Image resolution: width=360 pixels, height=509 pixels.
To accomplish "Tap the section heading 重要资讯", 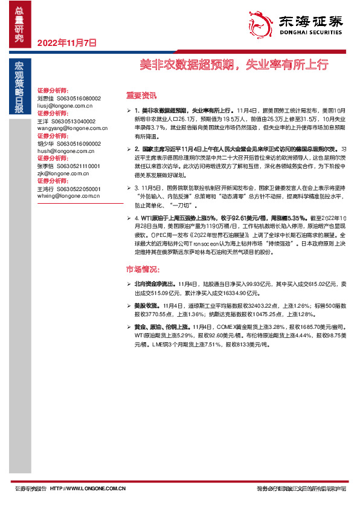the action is point(141,95).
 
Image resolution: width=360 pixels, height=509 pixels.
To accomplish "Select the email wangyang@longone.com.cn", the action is point(72,128).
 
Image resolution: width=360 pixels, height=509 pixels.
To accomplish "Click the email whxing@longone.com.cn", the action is point(69,196).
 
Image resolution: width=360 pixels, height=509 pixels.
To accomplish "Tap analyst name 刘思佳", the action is point(46,97).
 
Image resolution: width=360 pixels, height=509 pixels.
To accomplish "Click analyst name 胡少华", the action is point(46,144).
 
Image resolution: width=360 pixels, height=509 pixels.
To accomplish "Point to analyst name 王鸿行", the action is point(46,189).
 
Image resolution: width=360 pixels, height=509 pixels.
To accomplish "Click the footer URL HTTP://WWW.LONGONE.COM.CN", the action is point(88,488).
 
